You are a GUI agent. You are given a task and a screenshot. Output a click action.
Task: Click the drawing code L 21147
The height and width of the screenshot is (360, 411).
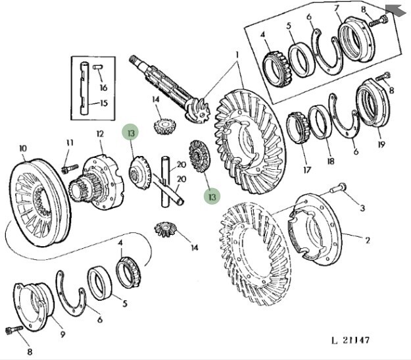tap(350, 340)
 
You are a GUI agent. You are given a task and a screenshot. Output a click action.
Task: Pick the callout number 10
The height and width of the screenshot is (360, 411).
tap(22, 148)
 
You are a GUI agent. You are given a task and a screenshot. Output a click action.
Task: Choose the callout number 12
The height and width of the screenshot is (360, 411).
tap(101, 134)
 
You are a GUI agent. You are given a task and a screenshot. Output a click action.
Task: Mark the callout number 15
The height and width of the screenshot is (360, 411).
tap(103, 103)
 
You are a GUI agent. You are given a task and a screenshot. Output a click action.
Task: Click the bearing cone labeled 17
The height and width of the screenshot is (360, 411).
tap(299, 128)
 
